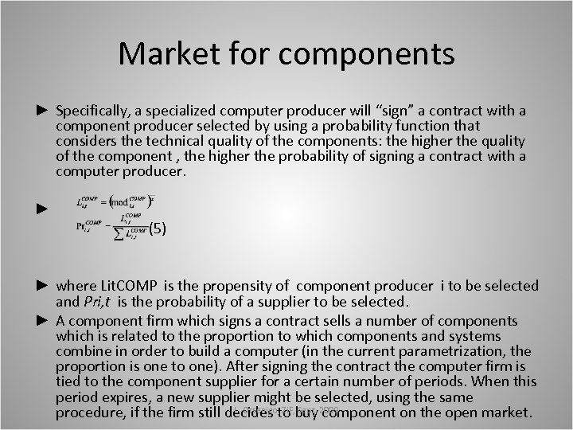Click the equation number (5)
point(157,229)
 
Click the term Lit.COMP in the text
point(124,285)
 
